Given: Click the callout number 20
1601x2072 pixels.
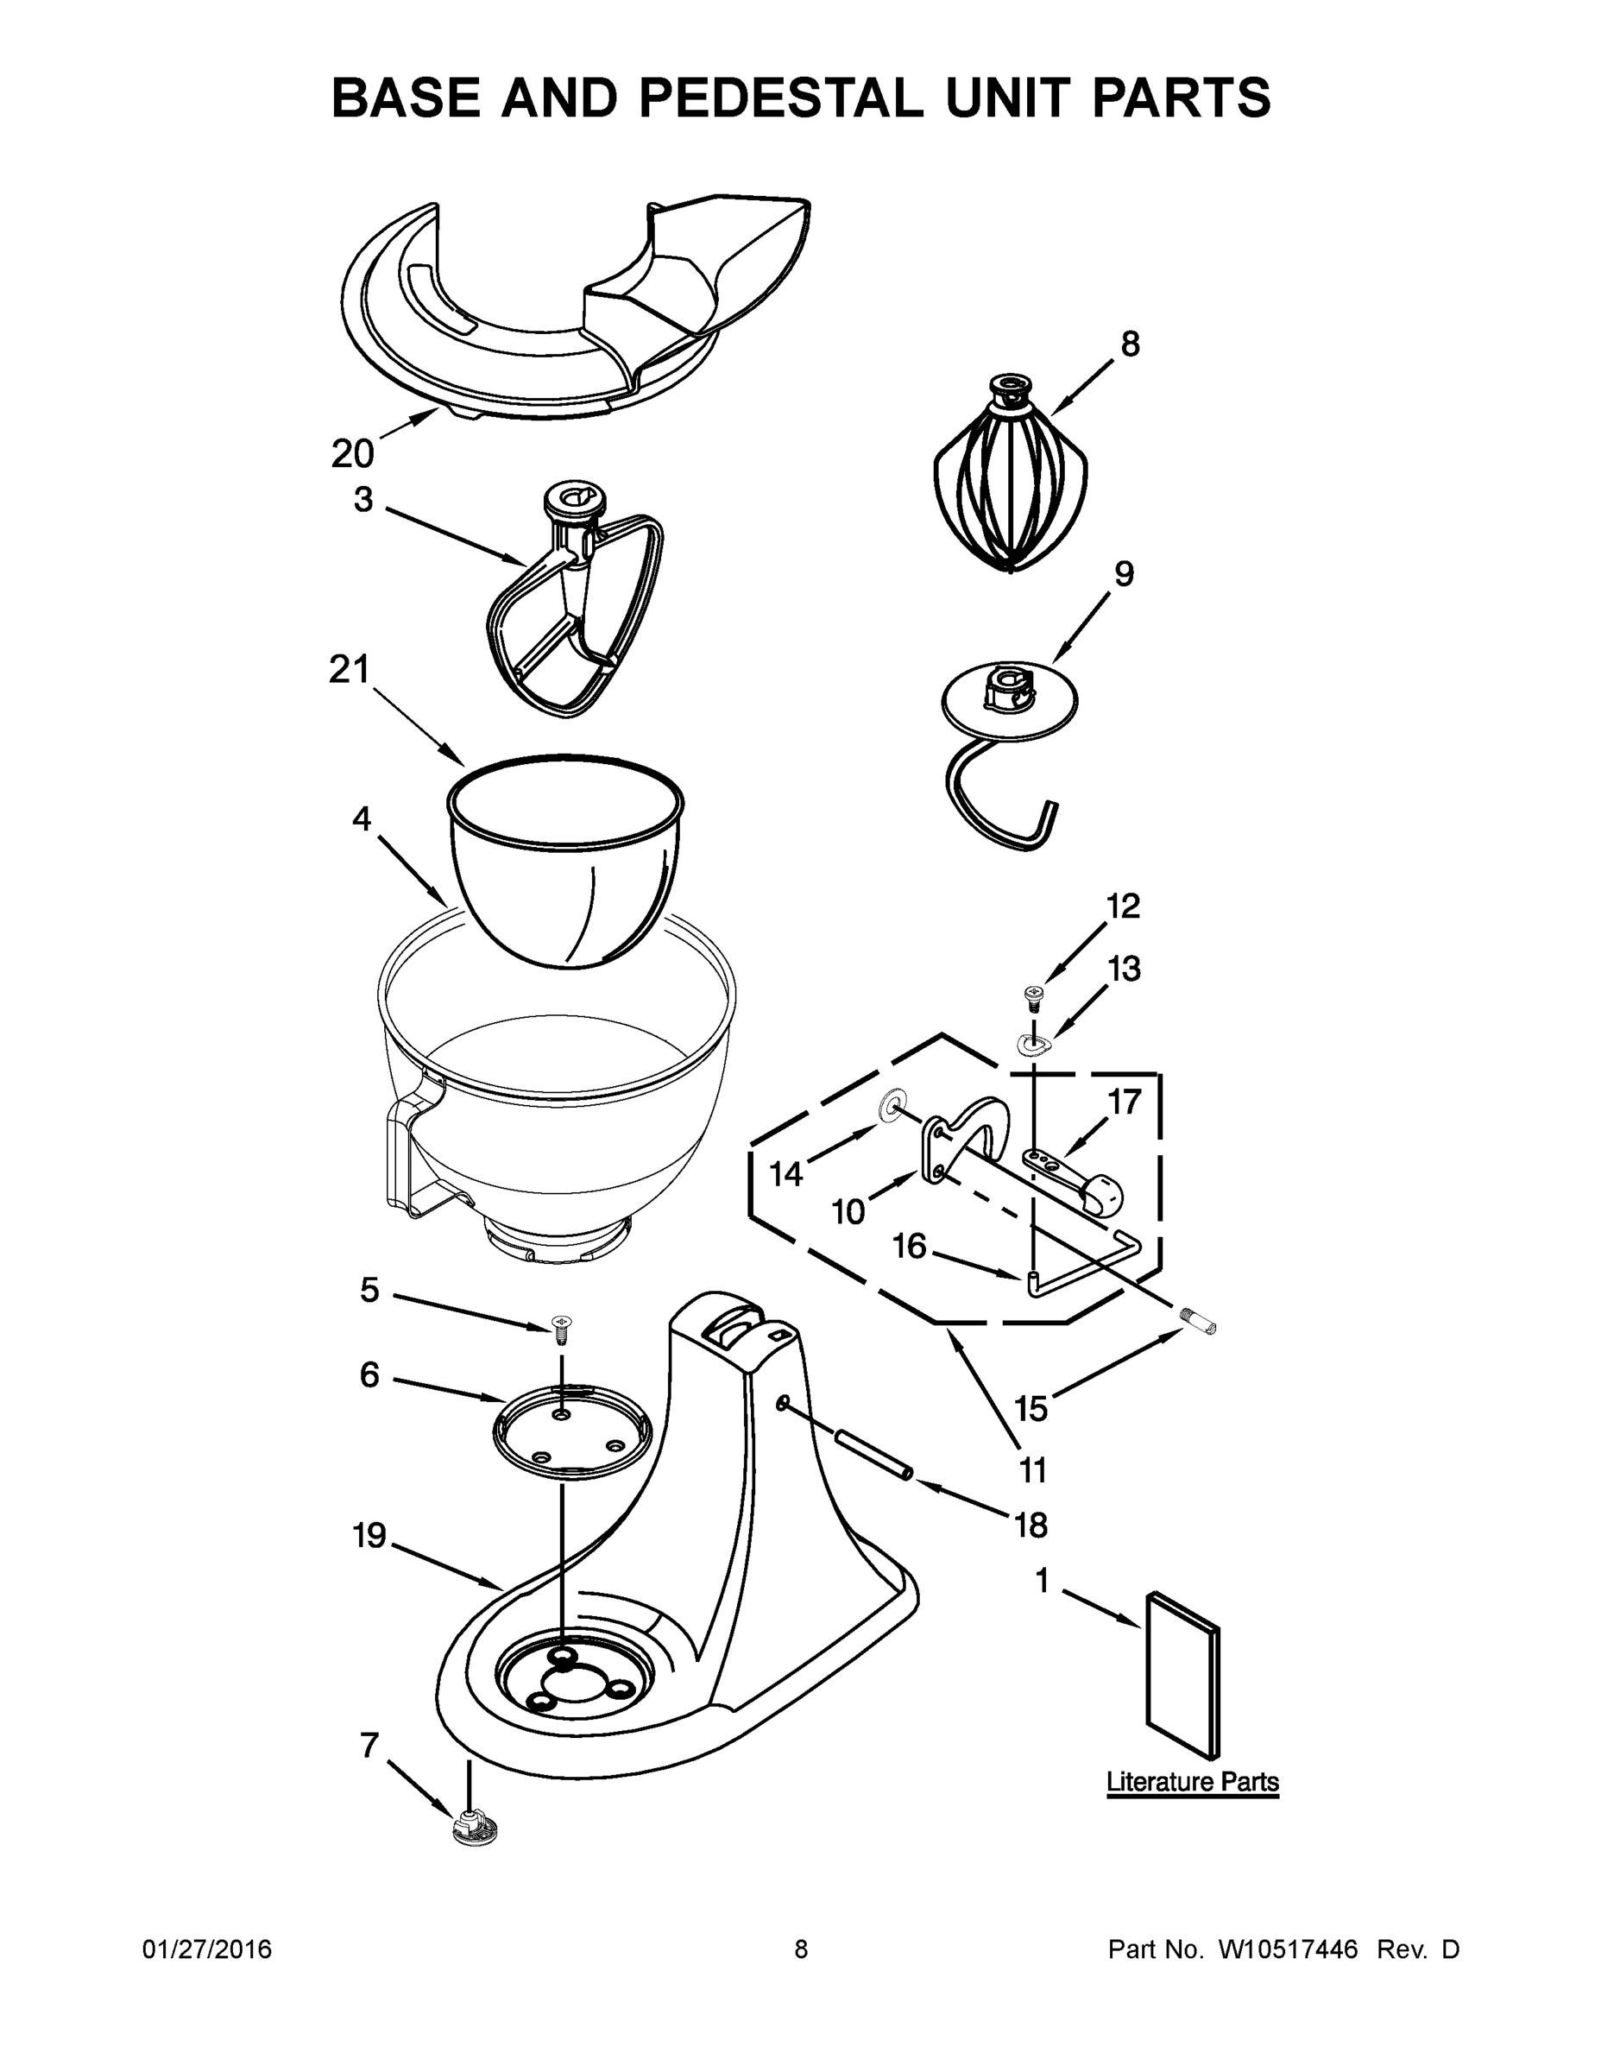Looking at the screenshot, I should pyautogui.click(x=352, y=453).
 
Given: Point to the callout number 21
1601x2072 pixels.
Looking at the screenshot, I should pyautogui.click(x=348, y=670).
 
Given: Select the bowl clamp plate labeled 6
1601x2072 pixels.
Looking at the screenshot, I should pyautogui.click(x=571, y=1432).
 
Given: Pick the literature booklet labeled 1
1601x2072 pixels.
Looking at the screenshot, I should pyautogui.click(x=1182, y=1676).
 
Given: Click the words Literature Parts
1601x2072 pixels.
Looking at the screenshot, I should pyautogui.click(x=1192, y=1782).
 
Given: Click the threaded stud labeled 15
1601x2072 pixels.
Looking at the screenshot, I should pyautogui.click(x=1199, y=1322).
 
